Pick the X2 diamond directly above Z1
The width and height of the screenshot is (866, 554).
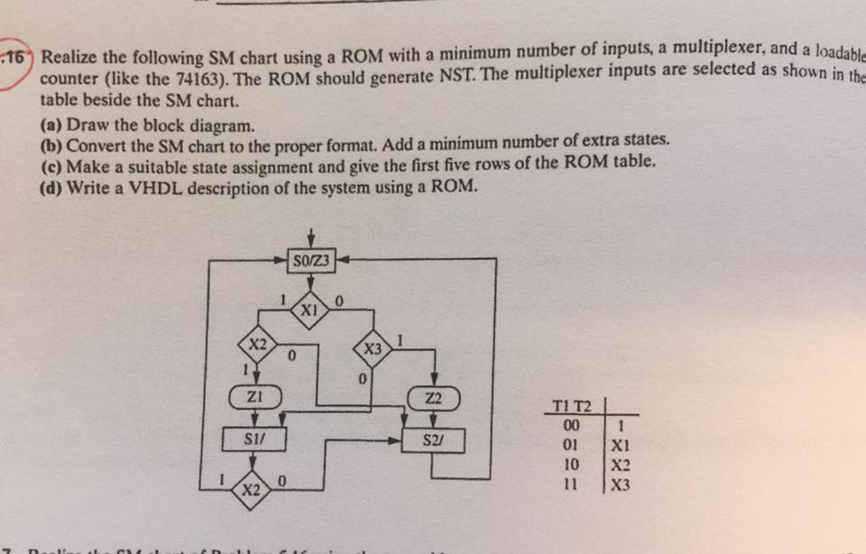point(257,344)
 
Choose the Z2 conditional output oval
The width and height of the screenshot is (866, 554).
point(433,397)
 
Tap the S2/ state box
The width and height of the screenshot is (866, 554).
point(432,441)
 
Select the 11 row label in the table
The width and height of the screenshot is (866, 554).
point(570,484)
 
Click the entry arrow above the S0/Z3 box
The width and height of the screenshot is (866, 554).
point(311,235)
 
